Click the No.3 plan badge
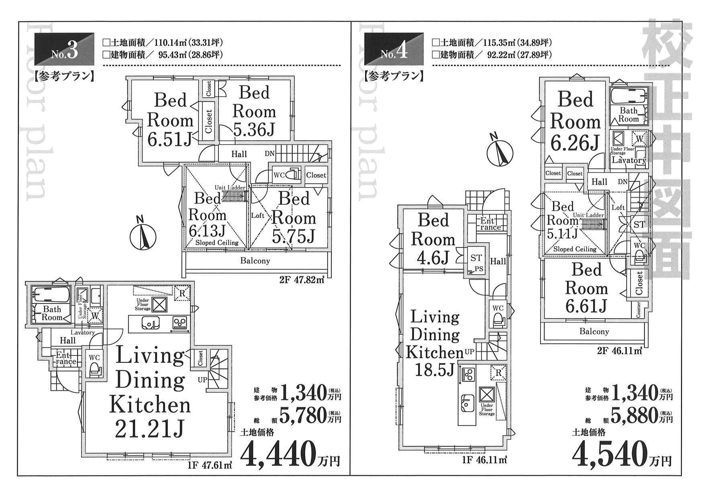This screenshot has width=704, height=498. click(x=65, y=49)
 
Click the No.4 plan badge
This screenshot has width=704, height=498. click(x=394, y=49)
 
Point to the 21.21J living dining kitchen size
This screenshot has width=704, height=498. click(x=149, y=430)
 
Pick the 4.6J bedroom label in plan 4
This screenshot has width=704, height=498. click(x=433, y=259)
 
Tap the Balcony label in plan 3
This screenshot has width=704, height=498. click(x=255, y=261)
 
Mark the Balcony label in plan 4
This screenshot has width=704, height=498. click(x=594, y=332)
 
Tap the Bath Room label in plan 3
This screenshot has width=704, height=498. click(x=52, y=313)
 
